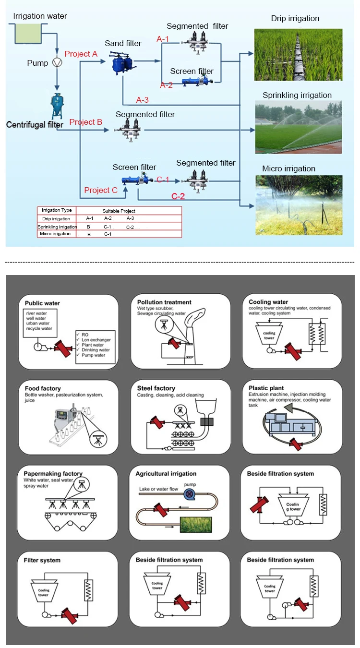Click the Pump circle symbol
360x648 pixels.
pyautogui.click(x=57, y=63)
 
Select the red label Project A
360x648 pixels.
pyautogui.click(x=81, y=54)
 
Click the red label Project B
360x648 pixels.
pyautogui.click(x=86, y=122)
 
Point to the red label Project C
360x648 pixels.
pyautogui.click(x=101, y=190)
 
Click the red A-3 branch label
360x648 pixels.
pyautogui.click(x=143, y=100)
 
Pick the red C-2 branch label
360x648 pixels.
pyautogui.click(x=178, y=196)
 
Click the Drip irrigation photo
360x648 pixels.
pyautogui.click(x=298, y=55)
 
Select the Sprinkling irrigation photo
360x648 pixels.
pyautogui.click(x=298, y=127)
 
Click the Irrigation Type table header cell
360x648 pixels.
pyautogui.click(x=57, y=210)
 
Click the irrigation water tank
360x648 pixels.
pyautogui.click(x=28, y=32)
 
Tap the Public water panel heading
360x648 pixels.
pyautogui.click(x=42, y=303)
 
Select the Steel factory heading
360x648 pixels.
pyautogui.click(x=156, y=388)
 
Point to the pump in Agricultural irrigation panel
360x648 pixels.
pyautogui.click(x=191, y=493)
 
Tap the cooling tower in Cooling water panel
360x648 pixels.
pyautogui.click(x=269, y=336)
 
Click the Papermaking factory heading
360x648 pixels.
pyautogui.click(x=53, y=474)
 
